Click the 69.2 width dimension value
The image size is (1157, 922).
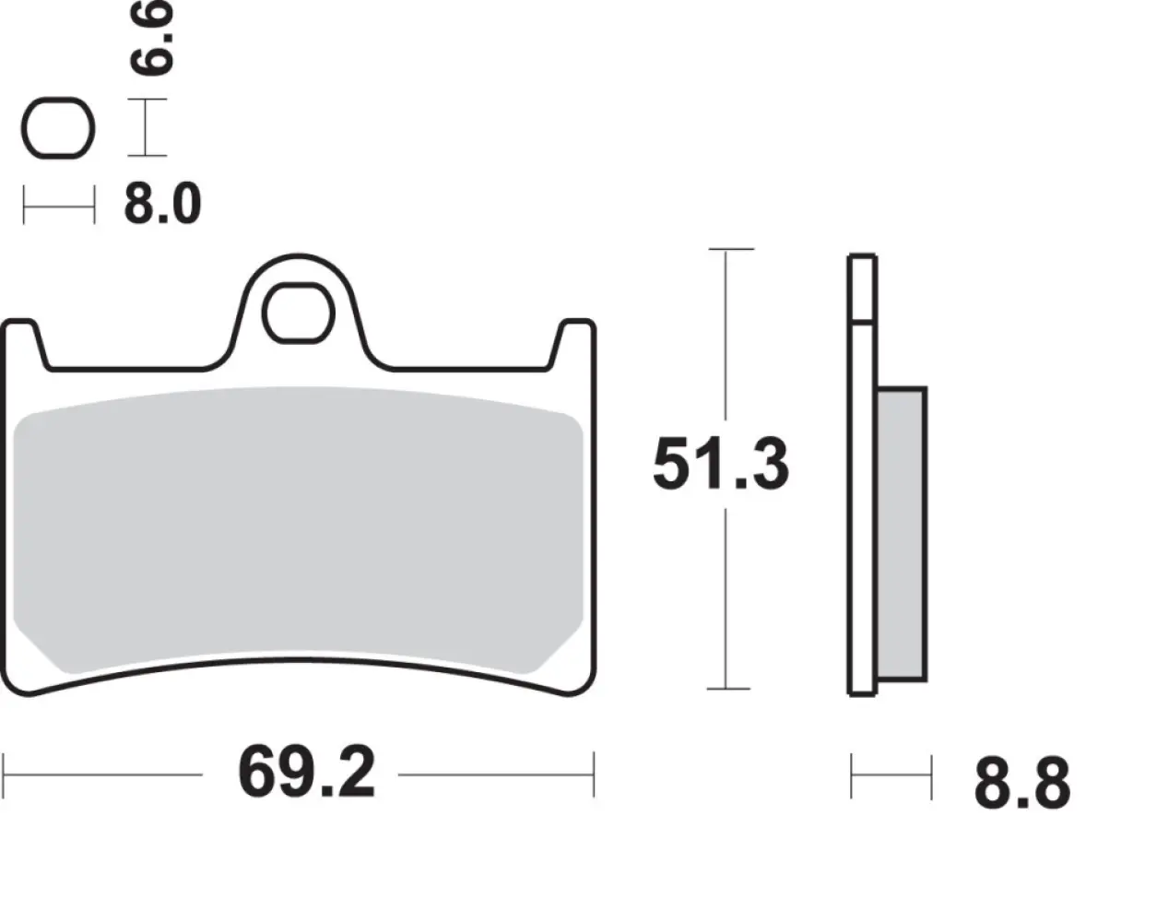(306, 774)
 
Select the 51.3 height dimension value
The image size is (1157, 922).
(720, 466)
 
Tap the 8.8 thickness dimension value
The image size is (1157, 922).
(1021, 784)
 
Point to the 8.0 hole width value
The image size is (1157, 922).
(162, 204)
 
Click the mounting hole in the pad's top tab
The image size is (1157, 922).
(297, 315)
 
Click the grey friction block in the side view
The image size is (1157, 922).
(901, 535)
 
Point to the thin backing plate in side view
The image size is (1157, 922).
(861, 507)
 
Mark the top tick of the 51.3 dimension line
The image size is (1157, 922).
(729, 249)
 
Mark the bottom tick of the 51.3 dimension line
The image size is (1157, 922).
(729, 688)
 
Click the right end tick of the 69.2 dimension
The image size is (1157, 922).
(594, 774)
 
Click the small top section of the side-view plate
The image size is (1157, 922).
(861, 288)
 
